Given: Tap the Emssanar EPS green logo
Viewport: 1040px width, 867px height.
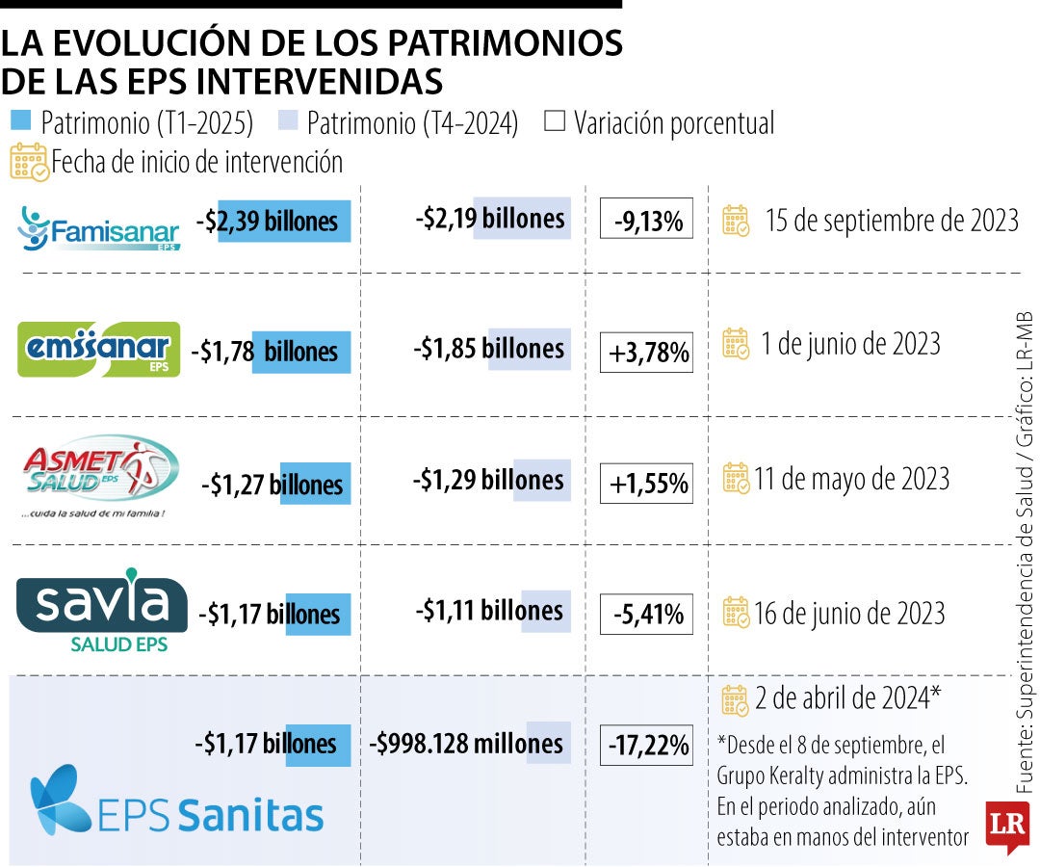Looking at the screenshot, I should click(99, 349).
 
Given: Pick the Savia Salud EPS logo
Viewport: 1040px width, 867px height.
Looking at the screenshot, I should click(102, 613).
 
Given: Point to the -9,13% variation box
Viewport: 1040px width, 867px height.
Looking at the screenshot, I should click(646, 223).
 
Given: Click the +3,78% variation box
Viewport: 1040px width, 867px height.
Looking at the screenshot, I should click(646, 353).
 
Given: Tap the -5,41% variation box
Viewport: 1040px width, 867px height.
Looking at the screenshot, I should click(646, 613).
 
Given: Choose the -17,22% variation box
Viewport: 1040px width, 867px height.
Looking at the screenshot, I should click(646, 745).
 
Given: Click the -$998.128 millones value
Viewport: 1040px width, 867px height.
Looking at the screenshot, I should click(466, 743).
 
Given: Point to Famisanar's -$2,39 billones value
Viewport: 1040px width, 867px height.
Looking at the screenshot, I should click(273, 222).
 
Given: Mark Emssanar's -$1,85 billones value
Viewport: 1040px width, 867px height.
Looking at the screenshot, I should click(490, 349).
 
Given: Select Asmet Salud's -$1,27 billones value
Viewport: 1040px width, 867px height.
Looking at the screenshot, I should click(273, 484).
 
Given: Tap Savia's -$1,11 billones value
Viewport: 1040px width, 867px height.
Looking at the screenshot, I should click(490, 611).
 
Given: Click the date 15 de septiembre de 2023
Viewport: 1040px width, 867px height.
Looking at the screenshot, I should click(891, 221).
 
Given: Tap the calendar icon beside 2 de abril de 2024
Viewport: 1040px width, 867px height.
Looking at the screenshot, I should click(735, 700).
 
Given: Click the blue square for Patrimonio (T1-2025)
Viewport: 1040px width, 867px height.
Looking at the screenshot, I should click(21, 121).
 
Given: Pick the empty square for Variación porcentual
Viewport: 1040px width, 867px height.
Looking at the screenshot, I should click(555, 122).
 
